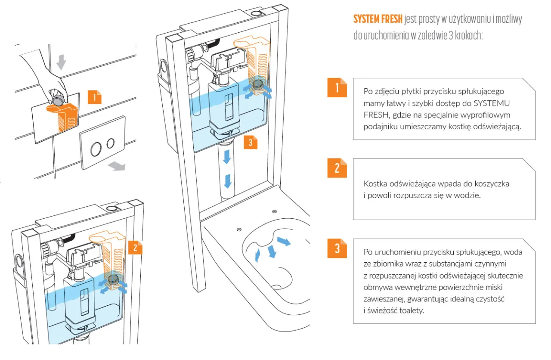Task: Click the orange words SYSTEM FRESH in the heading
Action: [378, 19]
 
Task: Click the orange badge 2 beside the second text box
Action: [337, 168]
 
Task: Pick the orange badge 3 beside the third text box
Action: [337, 248]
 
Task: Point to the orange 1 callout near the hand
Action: [94, 97]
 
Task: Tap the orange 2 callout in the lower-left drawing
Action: [135, 247]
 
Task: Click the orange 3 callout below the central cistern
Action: [251, 143]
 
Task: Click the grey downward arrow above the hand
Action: [62, 62]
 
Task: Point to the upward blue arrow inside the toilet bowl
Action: [257, 254]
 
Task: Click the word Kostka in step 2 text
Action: [374, 184]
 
